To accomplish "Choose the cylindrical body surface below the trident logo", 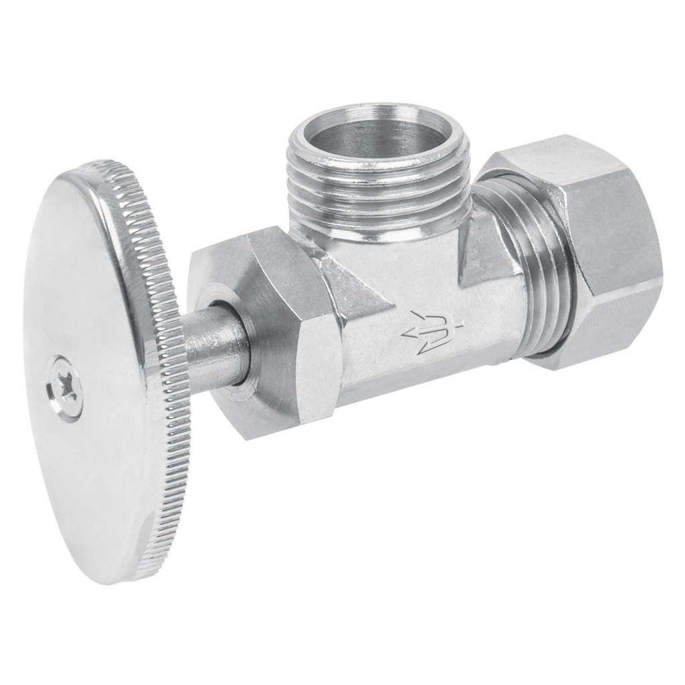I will point(428,381).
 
